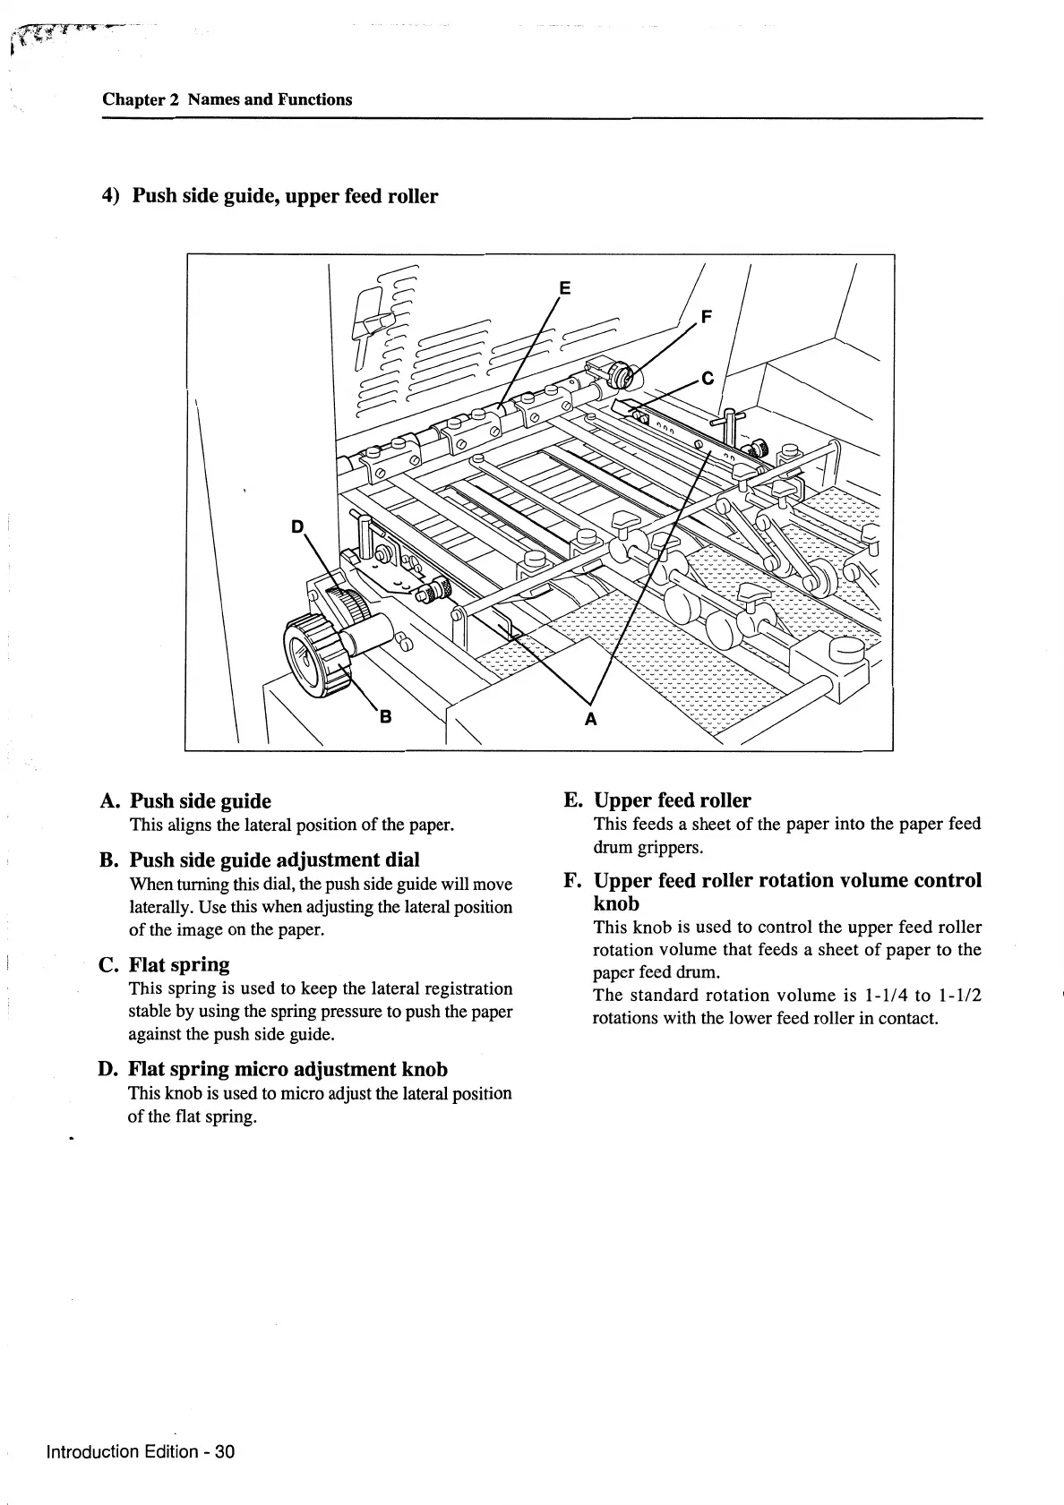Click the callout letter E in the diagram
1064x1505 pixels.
pyautogui.click(x=564, y=287)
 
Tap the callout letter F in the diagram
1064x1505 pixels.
pyautogui.click(x=708, y=317)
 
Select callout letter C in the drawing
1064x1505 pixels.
pyautogui.click(x=707, y=379)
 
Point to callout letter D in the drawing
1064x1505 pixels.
pyautogui.click(x=298, y=526)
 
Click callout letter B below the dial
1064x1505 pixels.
pyautogui.click(x=386, y=716)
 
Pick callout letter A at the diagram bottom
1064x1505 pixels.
pyautogui.click(x=590, y=718)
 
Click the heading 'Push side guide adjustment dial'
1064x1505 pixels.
pyautogui.click(x=274, y=859)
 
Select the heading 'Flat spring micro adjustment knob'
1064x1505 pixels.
pyautogui.click(x=288, y=1069)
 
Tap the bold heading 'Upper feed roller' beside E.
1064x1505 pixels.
pyautogui.click(x=672, y=800)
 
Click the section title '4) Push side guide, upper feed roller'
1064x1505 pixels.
pyautogui.click(x=270, y=196)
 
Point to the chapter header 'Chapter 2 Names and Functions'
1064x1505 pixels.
pyautogui.click(x=227, y=99)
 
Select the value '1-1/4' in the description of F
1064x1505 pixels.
pyautogui.click(x=881, y=995)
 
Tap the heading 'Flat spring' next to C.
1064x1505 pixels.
pyautogui.click(x=179, y=964)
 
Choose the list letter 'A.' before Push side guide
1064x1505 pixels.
pyautogui.click(x=111, y=800)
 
